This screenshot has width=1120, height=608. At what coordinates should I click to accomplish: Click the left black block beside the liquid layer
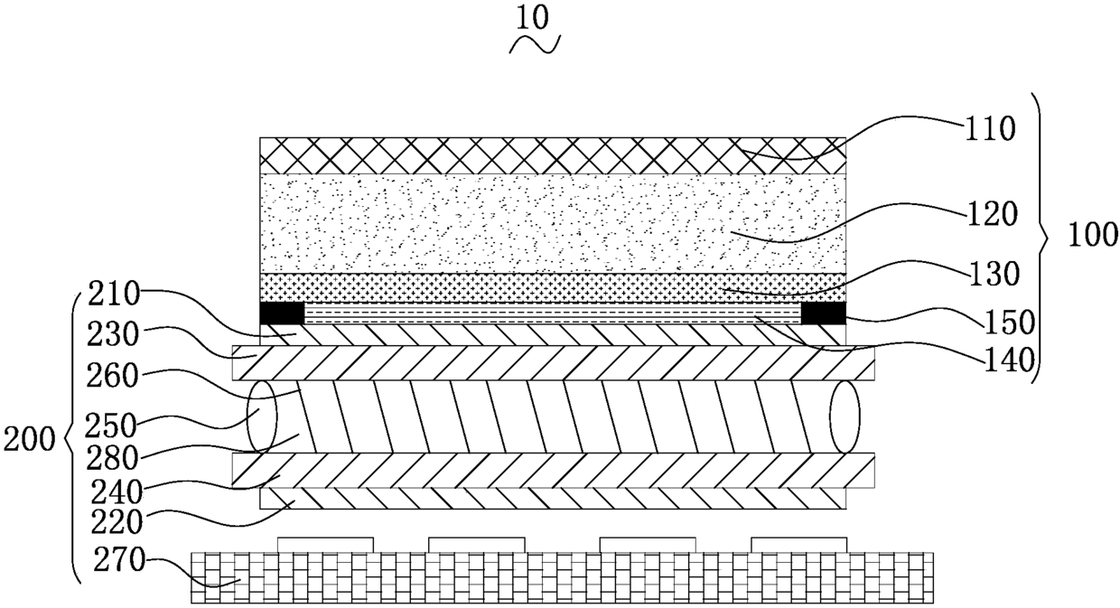coord(282,313)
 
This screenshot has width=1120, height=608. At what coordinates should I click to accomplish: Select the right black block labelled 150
coord(824,313)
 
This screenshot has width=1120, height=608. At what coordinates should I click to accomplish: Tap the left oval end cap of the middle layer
coord(260,416)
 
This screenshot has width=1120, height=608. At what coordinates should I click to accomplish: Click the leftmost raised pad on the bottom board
coord(325,544)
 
